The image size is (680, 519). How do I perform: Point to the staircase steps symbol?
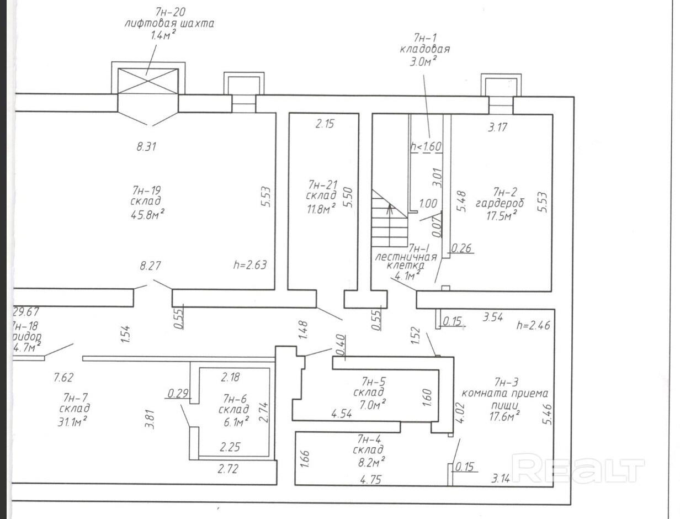(x=389, y=218)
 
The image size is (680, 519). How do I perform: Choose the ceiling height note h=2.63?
(x=250, y=265)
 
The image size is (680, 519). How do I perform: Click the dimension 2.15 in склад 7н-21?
(x=325, y=124)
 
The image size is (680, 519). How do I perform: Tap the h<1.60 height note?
(x=426, y=147)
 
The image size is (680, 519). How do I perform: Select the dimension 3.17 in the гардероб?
(x=498, y=128)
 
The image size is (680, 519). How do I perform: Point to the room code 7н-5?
(x=374, y=380)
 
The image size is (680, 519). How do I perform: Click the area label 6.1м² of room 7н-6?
(x=236, y=421)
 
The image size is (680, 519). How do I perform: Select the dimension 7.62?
(x=64, y=378)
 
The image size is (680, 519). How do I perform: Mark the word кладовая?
(x=424, y=49)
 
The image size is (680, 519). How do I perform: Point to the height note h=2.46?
(x=533, y=325)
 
